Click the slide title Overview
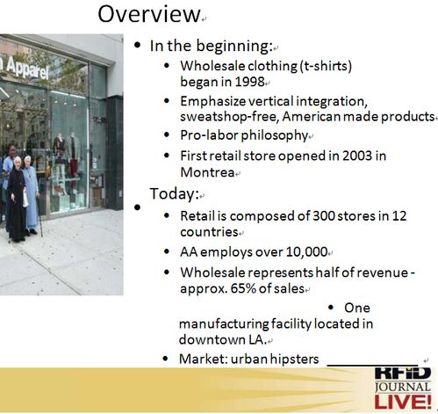click(x=149, y=14)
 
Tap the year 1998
click(x=249, y=82)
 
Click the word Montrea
click(x=207, y=172)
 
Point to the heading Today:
click(x=175, y=193)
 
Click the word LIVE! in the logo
click(x=403, y=402)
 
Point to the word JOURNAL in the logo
click(x=403, y=387)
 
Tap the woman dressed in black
click(x=17, y=200)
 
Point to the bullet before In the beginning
click(x=137, y=46)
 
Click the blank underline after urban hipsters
click(x=372, y=365)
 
